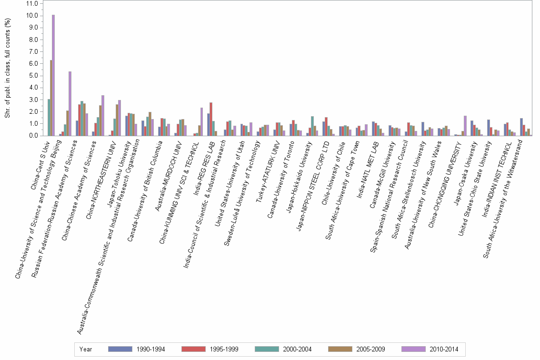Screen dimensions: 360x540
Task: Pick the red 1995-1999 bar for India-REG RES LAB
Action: pos(211,119)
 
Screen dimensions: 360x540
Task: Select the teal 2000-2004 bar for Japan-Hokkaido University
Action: pos(312,126)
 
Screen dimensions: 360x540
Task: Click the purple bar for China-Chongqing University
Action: pos(465,126)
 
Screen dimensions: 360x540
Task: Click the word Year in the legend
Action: pos(86,349)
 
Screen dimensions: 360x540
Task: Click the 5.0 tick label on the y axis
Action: pos(33,76)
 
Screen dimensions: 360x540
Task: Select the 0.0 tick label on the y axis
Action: pos(33,136)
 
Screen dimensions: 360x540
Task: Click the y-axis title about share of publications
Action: pos(7,70)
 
